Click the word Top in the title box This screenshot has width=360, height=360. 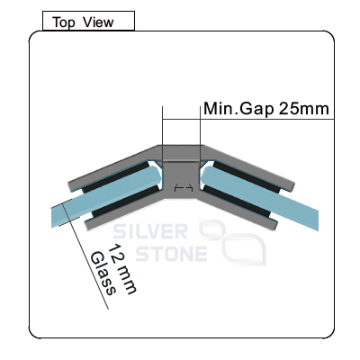point(64,22)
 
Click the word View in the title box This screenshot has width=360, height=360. point(98,22)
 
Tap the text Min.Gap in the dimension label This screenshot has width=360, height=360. point(238,109)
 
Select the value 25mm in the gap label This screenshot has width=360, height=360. point(304,109)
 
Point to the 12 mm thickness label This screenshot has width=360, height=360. point(121,269)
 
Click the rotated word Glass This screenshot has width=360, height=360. point(103,274)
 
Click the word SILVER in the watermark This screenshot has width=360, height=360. point(150,232)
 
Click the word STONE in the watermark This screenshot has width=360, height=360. point(172,254)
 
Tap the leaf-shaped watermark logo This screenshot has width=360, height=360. point(231,242)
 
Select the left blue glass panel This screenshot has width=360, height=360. point(106,194)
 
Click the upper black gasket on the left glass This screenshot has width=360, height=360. point(114,177)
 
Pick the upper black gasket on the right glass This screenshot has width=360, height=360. point(247,177)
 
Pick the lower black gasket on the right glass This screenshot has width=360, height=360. point(237,202)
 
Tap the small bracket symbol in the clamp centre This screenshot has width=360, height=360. point(184,188)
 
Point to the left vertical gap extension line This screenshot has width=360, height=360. point(162,135)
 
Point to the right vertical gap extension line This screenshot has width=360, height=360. point(200,135)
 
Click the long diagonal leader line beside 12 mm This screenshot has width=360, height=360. point(85,254)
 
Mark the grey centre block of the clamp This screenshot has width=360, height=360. point(182,179)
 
